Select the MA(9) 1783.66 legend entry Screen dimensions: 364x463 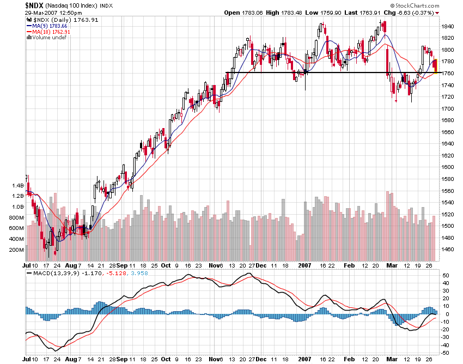(x=48, y=26)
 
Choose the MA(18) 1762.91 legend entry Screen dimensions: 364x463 (x=50, y=32)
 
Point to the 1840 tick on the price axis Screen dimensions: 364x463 (x=447, y=26)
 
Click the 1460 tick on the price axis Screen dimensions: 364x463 (x=447, y=249)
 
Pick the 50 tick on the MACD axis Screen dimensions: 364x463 (x=444, y=276)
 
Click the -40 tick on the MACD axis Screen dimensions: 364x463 (x=446, y=345)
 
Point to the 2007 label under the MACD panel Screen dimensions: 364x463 (x=304, y=360)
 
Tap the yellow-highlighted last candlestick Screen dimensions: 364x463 (x=435, y=63)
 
